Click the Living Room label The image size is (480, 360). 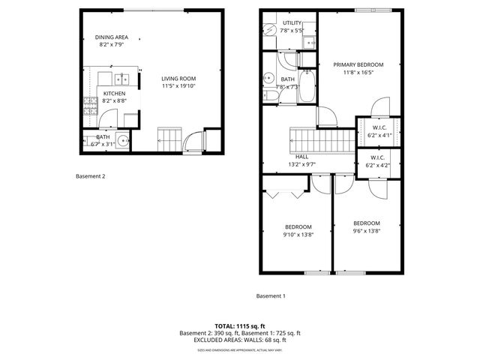coord(178,79)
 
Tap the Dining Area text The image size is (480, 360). coord(111,37)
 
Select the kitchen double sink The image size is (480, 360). coord(120,78)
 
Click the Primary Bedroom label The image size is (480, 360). coord(358,65)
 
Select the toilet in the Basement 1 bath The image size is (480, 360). coord(290,59)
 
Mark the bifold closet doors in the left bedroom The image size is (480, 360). coord(285,194)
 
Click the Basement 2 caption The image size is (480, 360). coord(91,177)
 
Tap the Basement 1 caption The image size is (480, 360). coord(271,295)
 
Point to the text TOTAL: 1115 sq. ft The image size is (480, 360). coord(240,326)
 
